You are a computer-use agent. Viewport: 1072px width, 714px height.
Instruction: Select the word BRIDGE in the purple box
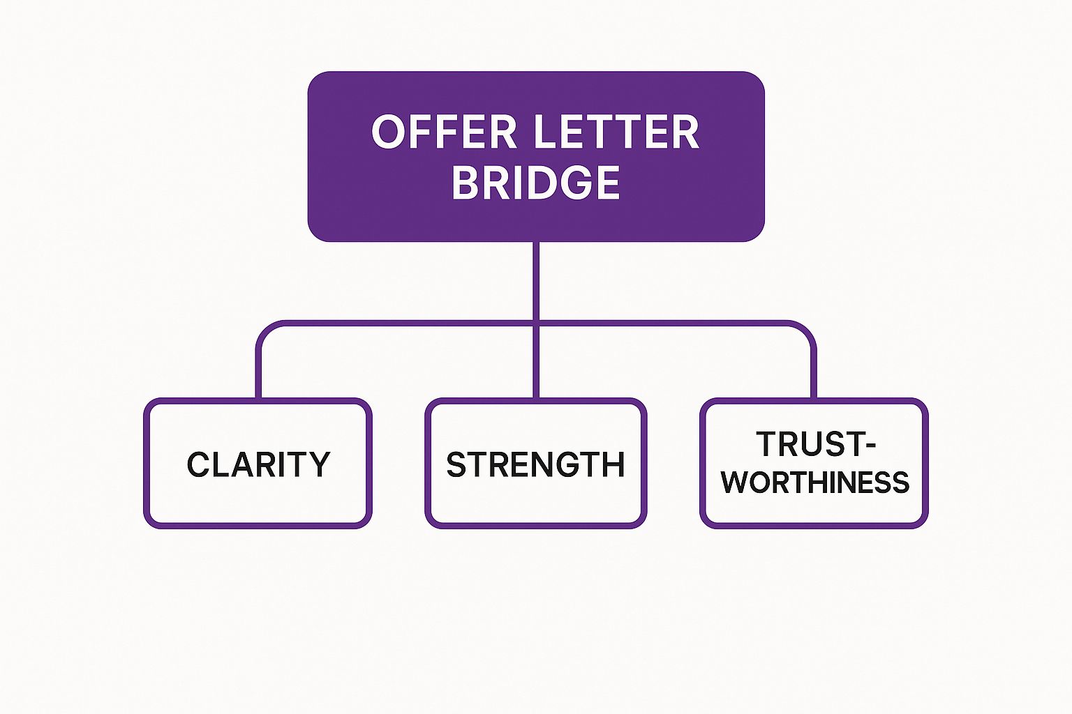(535, 183)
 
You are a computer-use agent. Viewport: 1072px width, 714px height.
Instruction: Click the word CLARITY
(258, 465)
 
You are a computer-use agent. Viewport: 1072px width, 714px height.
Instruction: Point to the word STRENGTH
(535, 465)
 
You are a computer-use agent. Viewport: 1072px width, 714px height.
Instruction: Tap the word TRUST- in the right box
(815, 444)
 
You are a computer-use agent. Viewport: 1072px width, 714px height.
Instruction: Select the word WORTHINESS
(815, 483)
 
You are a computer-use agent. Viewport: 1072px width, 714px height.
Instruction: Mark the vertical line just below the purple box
(535, 279)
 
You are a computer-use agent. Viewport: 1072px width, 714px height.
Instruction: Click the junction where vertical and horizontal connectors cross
(535, 324)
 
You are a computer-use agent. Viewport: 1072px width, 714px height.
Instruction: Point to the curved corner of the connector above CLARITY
(264, 331)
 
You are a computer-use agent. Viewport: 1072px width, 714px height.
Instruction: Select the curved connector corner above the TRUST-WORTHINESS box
(807, 331)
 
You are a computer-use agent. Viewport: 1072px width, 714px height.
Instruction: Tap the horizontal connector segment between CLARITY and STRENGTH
(398, 324)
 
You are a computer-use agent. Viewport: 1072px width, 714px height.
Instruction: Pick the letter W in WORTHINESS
(736, 483)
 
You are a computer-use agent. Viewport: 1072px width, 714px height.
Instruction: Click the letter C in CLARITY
(199, 465)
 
